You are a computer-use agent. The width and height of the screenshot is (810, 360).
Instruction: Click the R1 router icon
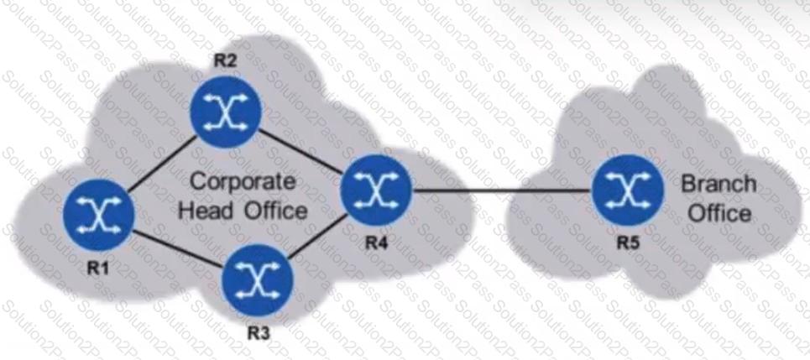[99, 215]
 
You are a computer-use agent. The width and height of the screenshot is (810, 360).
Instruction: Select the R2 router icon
[226, 112]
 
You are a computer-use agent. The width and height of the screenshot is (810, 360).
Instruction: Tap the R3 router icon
[257, 280]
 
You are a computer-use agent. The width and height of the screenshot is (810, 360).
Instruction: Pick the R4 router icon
[377, 190]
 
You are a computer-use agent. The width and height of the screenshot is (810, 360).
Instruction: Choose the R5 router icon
[627, 190]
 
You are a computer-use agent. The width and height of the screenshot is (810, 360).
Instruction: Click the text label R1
[99, 268]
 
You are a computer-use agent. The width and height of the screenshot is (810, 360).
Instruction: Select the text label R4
[378, 243]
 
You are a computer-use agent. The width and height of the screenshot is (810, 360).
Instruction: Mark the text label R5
[628, 243]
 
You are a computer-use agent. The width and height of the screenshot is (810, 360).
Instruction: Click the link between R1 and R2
[162, 164]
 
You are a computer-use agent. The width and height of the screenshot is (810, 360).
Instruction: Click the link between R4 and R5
[502, 190]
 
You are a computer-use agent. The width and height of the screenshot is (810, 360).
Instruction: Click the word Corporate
[243, 182]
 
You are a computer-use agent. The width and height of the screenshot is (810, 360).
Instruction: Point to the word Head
[206, 211]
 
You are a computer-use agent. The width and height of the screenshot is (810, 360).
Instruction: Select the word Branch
[719, 184]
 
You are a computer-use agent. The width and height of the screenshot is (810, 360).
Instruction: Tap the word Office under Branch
[719, 213]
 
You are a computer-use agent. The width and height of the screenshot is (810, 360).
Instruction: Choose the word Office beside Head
[275, 211]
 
